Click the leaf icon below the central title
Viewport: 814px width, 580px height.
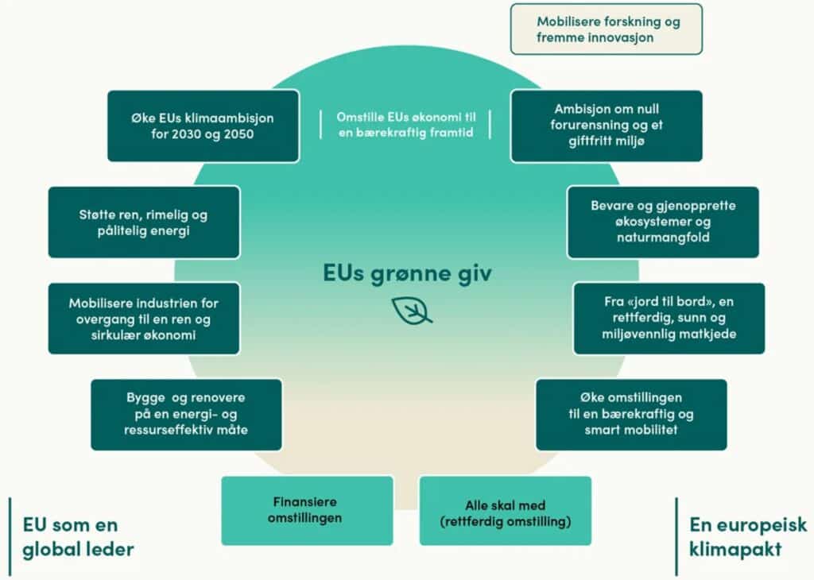[x=412, y=311]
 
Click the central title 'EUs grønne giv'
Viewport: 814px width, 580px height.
[x=407, y=273]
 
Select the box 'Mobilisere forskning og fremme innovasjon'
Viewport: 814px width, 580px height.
[x=607, y=29]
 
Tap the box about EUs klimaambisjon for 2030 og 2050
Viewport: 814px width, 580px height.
[x=203, y=126]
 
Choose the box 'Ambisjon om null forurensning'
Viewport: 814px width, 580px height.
[x=607, y=126]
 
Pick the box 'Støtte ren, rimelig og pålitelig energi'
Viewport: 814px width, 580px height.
[x=144, y=222]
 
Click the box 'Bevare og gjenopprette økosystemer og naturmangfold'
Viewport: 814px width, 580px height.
[x=663, y=222]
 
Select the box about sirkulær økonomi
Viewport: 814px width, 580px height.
[x=144, y=319]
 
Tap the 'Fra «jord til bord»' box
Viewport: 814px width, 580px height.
[x=669, y=319]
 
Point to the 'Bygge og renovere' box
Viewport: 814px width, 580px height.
[x=186, y=415]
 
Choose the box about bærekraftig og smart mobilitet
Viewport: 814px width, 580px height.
[x=631, y=415]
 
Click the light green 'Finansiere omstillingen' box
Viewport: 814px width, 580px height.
[x=308, y=511]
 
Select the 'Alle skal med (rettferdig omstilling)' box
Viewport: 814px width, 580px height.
[x=505, y=511]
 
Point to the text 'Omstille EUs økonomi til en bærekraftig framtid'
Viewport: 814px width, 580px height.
[x=406, y=125]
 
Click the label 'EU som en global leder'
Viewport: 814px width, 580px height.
[x=78, y=537]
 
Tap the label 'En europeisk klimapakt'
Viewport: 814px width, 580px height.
[x=748, y=537]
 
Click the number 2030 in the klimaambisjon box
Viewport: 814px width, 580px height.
[x=186, y=134]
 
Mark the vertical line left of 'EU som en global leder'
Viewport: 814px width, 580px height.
[x=10, y=536]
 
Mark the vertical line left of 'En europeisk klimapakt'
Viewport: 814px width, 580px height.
[x=676, y=536]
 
